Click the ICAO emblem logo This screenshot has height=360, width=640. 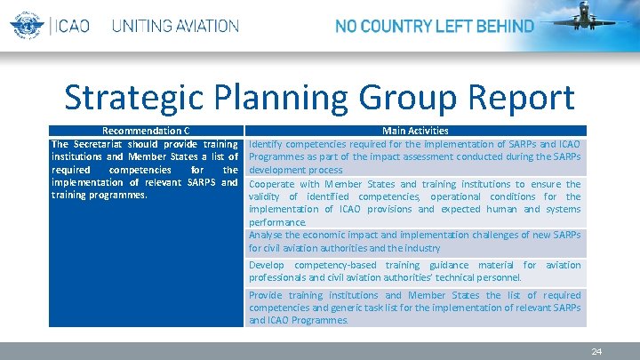25,25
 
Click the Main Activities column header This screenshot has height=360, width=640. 415,131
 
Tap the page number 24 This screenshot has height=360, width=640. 596,352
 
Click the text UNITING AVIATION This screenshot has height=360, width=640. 175,26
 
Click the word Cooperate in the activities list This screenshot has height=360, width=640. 275,184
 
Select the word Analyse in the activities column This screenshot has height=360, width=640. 268,236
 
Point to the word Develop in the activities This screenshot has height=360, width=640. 267,265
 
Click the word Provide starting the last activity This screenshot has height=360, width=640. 267,295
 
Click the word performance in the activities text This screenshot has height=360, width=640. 277,222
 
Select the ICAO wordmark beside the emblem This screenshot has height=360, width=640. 72,26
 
